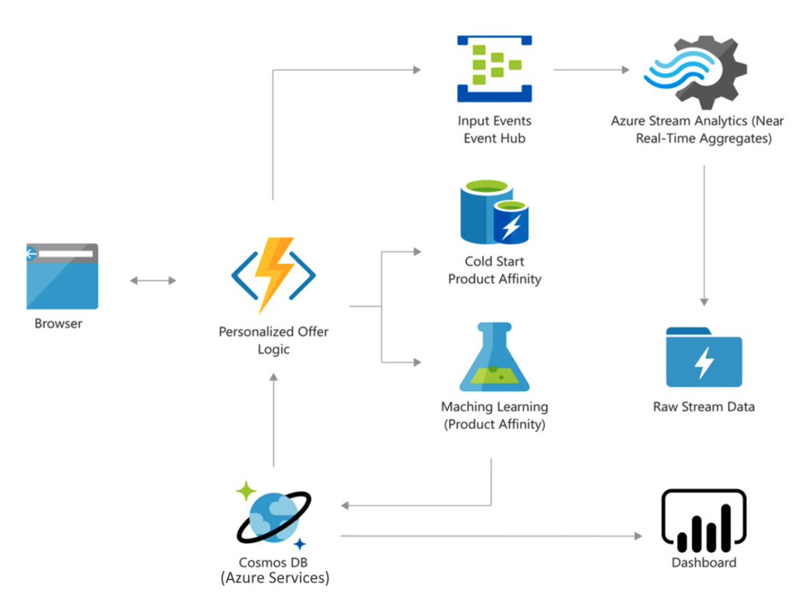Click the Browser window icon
click(62, 276)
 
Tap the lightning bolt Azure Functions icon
click(274, 275)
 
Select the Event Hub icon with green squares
click(494, 69)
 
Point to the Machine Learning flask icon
click(495, 358)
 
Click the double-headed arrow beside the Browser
click(153, 281)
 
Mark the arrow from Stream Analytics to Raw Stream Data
click(703, 234)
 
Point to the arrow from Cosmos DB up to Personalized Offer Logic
click(273, 419)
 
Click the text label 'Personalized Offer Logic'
click(274, 340)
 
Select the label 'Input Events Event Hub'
click(495, 130)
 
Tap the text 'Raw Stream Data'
click(703, 406)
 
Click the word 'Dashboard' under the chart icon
click(703, 563)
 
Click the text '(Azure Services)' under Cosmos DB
click(274, 577)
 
